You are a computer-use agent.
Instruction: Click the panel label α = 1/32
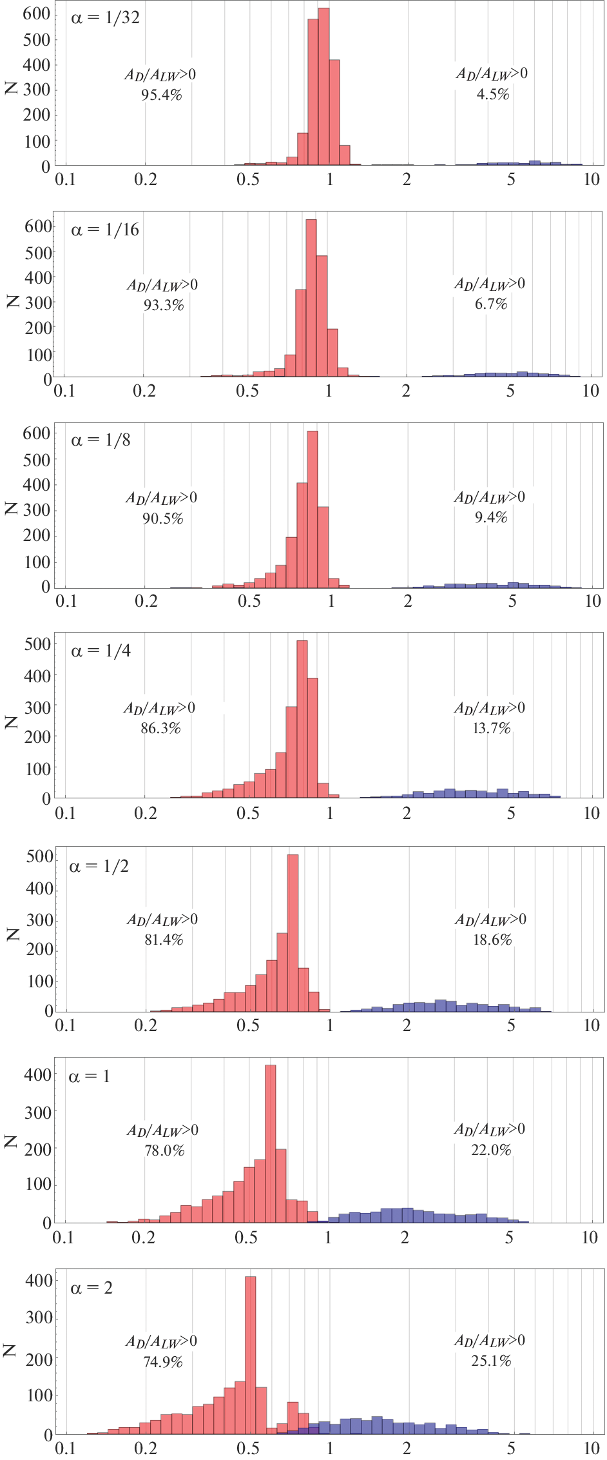105,17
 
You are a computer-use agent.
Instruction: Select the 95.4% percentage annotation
161,95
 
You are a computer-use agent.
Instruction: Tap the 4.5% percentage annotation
493,95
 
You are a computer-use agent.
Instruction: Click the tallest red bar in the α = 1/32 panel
323,87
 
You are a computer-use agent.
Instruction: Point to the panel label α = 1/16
105,230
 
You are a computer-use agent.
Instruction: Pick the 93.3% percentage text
164,306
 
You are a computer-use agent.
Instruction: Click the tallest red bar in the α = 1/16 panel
311,298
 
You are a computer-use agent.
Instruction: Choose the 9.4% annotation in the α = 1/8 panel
491,518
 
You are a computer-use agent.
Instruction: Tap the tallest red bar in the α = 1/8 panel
313,509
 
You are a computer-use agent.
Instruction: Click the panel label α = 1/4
101,651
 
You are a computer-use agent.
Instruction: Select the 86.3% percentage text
160,729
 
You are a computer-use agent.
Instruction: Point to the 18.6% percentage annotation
492,940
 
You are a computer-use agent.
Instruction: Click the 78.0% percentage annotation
164,1151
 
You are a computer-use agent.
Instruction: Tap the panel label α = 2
92,1288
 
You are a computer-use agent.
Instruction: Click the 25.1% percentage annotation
491,1361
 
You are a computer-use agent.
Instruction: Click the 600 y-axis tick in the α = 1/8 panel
36,434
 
